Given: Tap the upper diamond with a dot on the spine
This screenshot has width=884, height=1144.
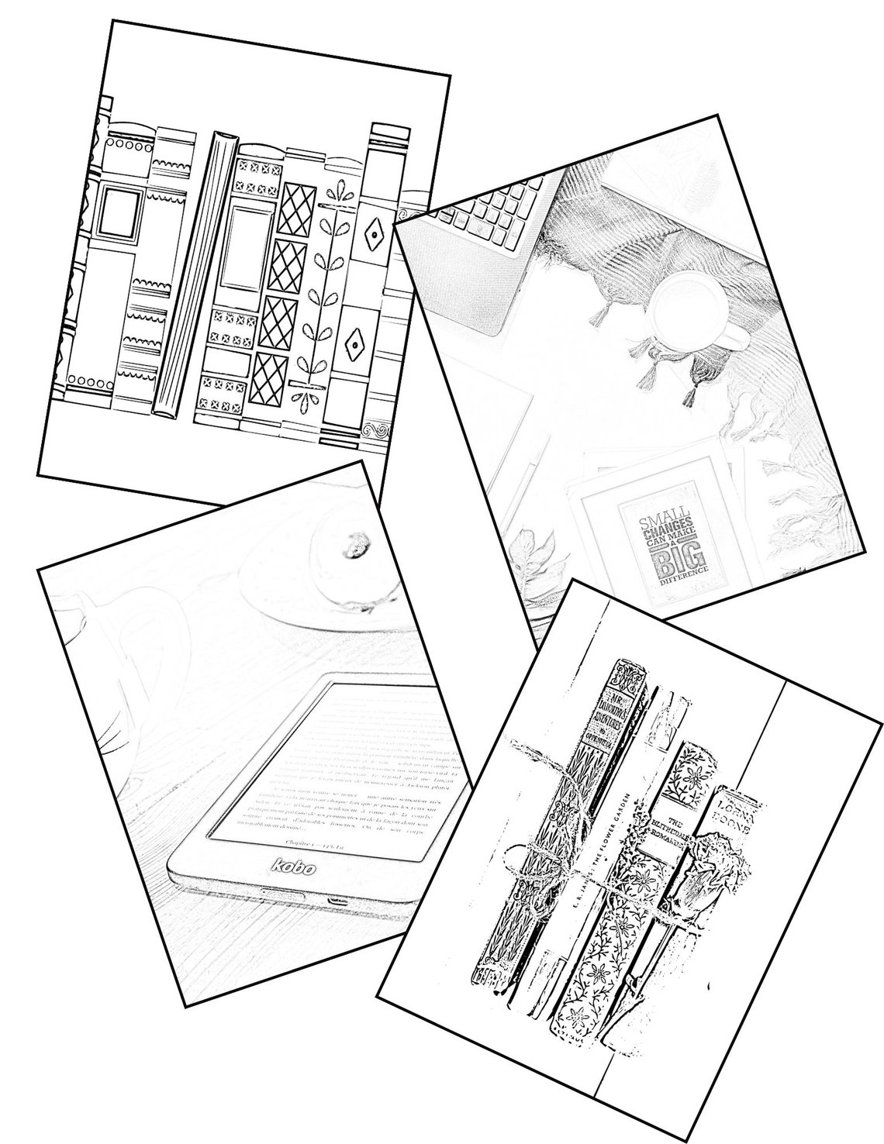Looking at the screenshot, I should pos(374,233).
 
